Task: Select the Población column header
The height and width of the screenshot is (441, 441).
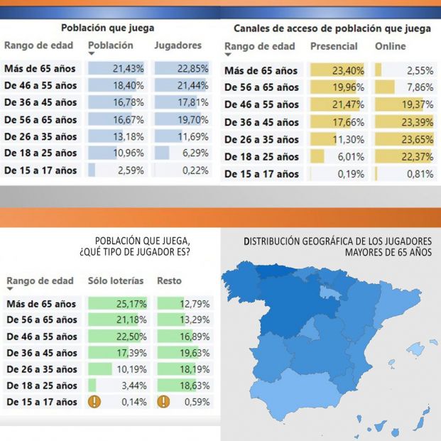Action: pos(110,45)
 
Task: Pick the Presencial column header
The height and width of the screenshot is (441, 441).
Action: pos(334,46)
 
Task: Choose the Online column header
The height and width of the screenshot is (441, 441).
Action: pos(391,46)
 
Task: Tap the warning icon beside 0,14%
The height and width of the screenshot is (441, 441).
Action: pos(94,402)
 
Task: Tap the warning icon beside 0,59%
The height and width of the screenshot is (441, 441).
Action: pos(163,402)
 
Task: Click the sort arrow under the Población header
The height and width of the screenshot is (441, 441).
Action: pos(92,54)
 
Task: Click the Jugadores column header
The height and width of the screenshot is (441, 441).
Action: pos(178,45)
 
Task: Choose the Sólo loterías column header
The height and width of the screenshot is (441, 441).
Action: pos(115,281)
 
